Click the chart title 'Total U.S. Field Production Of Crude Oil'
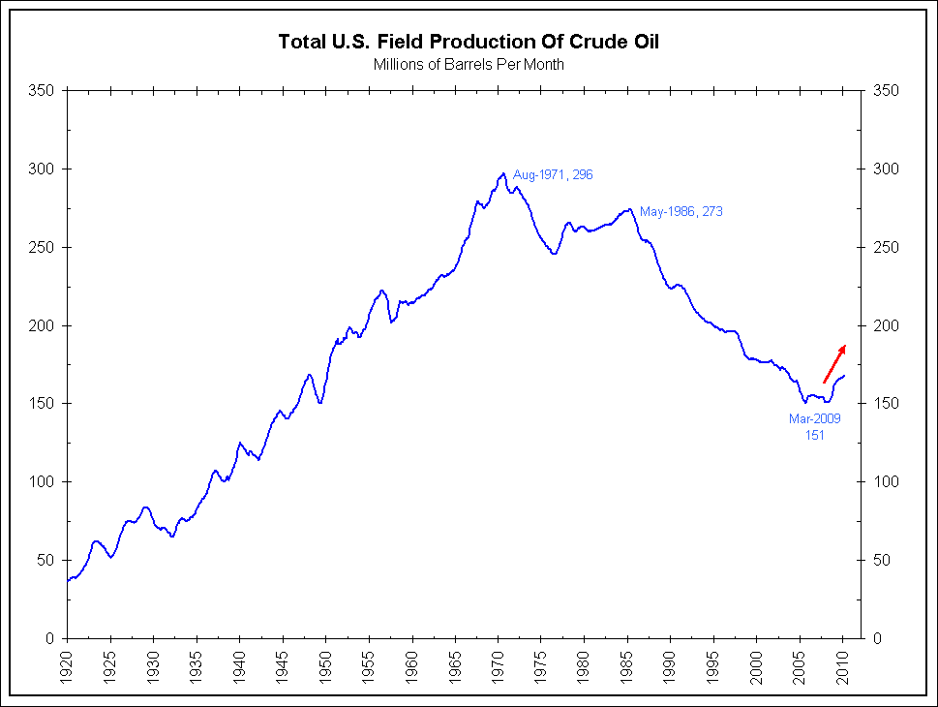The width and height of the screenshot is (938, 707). (469, 42)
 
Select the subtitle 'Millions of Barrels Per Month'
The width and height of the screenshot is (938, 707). (469, 65)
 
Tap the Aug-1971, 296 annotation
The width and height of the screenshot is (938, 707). (552, 175)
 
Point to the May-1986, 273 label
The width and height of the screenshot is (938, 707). (681, 211)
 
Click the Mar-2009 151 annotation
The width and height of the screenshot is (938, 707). (814, 427)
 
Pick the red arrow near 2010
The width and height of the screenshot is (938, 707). (834, 363)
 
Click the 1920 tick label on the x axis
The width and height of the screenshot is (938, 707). (68, 661)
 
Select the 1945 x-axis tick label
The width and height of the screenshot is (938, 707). (283, 661)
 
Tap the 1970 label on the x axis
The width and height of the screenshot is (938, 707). (499, 661)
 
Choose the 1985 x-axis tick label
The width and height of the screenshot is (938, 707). (627, 661)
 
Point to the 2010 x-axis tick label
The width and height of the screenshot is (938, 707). (843, 661)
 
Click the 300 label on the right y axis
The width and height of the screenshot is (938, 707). (884, 169)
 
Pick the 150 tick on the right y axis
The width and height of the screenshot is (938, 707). (884, 404)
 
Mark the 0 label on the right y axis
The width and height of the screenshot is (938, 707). (877, 639)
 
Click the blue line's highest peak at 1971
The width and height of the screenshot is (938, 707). (503, 174)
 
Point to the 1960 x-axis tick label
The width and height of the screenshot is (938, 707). (412, 661)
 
